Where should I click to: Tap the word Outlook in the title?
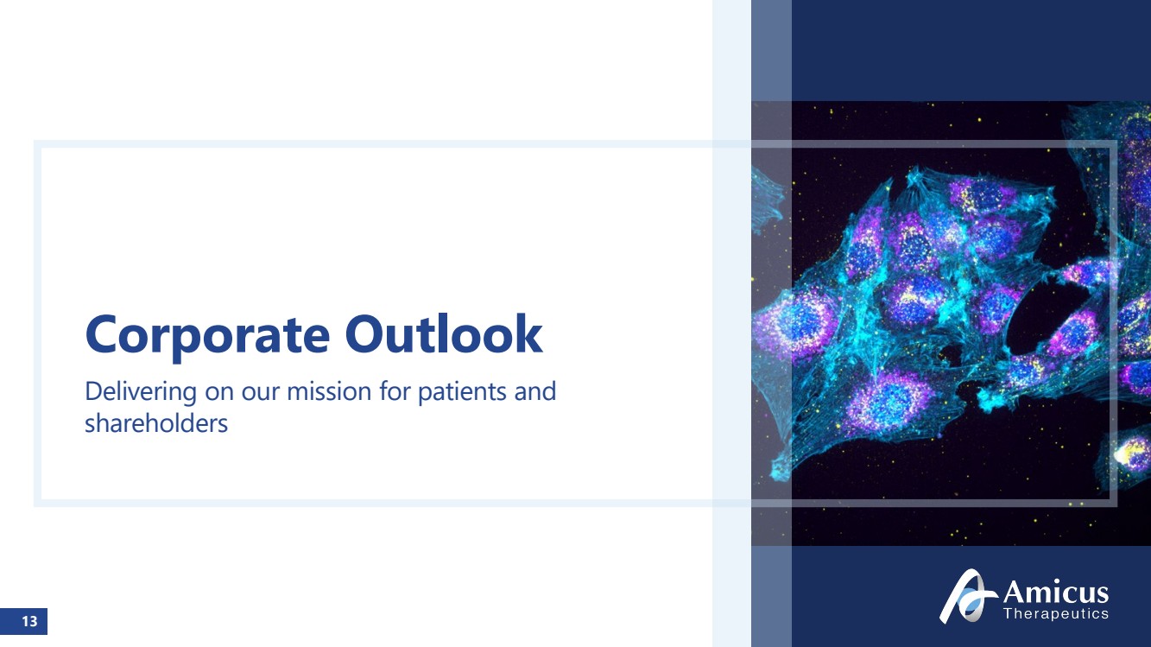coord(444,334)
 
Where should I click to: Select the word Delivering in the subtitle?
coord(141,393)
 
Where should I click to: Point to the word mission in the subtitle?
coord(329,391)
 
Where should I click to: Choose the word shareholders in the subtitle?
coord(156,424)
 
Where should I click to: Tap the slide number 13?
coord(29,621)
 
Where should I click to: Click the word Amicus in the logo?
coord(1055,593)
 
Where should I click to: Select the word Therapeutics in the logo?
coord(1056,613)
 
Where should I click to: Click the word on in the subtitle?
coord(219,393)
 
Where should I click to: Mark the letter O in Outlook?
coord(364,334)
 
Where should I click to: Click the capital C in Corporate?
coord(101,334)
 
